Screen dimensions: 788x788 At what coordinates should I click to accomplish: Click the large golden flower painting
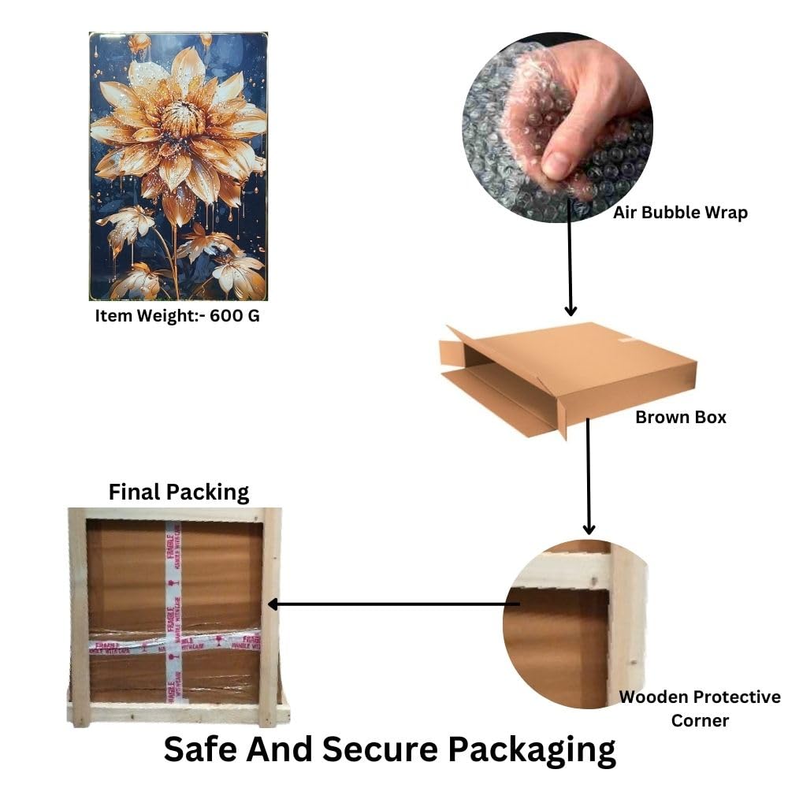pyautogui.click(x=178, y=166)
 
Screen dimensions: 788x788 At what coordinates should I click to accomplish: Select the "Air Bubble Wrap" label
pyautogui.click(x=680, y=212)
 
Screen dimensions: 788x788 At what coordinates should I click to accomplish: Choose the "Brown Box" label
pyautogui.click(x=681, y=417)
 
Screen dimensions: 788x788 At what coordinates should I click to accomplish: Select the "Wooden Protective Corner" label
pyautogui.click(x=700, y=708)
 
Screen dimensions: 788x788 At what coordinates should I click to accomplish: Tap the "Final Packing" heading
pyautogui.click(x=179, y=492)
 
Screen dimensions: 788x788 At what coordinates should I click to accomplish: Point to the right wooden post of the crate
pyautogui.click(x=270, y=615)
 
